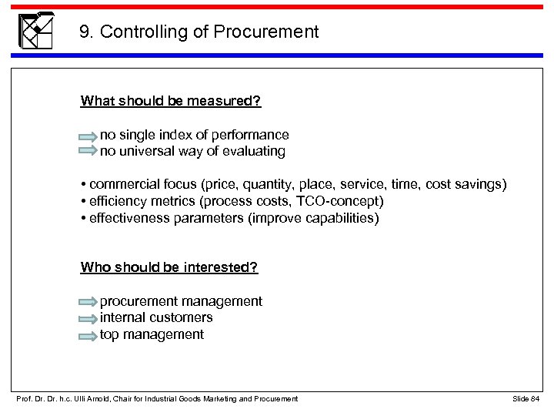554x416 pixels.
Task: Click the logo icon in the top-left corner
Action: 35,31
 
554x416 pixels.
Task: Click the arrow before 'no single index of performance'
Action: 88,136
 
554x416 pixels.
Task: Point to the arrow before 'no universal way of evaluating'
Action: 88,153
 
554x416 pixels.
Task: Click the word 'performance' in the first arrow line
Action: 254,136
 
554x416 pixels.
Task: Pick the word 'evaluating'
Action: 255,152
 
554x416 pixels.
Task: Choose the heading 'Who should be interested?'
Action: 169,267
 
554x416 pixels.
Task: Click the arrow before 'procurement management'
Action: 88,302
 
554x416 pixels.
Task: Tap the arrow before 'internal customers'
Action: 88,318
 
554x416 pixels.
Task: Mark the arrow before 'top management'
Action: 88,335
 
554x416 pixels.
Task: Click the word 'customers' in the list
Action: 182,317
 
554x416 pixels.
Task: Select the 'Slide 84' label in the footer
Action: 526,398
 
